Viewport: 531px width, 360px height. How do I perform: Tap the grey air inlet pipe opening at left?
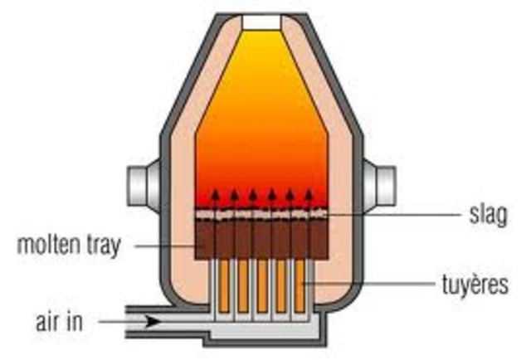[133, 320]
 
